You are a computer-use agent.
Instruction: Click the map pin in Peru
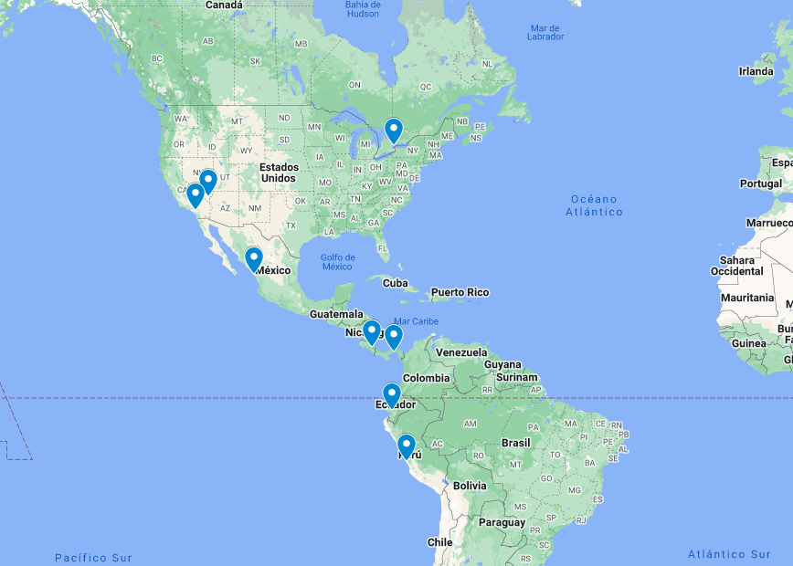[407, 445]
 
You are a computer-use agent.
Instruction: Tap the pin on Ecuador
[391, 394]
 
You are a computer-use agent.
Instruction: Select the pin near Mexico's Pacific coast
[254, 258]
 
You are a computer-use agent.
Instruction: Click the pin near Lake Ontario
[394, 131]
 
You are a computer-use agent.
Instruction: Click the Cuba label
[395, 283]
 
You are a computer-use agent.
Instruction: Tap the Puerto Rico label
[460, 292]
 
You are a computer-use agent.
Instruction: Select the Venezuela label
[460, 352]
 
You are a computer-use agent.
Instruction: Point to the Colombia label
[426, 378]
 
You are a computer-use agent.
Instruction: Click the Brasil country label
[515, 443]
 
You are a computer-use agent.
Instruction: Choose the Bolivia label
[470, 486]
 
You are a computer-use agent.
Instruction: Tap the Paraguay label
[502, 523]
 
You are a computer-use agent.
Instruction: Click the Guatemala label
[335, 314]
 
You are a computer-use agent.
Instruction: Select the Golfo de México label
[336, 261]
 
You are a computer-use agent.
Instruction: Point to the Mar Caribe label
[416, 321]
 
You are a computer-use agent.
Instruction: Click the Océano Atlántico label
[594, 205]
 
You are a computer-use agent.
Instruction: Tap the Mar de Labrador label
[545, 32]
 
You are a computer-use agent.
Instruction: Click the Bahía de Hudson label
[363, 9]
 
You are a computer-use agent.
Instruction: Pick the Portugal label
[760, 183]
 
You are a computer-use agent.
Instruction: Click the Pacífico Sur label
[93, 558]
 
